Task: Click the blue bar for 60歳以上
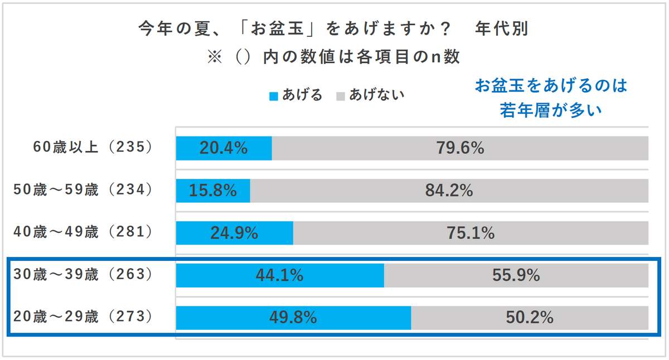[x=224, y=148]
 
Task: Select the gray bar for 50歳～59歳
[x=449, y=191]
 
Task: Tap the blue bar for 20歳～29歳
[x=293, y=318]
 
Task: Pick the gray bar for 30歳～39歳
[x=516, y=275]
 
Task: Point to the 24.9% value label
[x=234, y=233]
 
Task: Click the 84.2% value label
[x=449, y=191]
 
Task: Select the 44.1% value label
[x=279, y=275]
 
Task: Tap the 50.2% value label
[x=529, y=318]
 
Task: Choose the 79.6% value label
[x=459, y=148]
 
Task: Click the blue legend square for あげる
[x=273, y=96]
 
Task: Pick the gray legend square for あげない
[x=340, y=96]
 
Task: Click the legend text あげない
[x=376, y=95]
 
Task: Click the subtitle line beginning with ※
[x=333, y=57]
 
